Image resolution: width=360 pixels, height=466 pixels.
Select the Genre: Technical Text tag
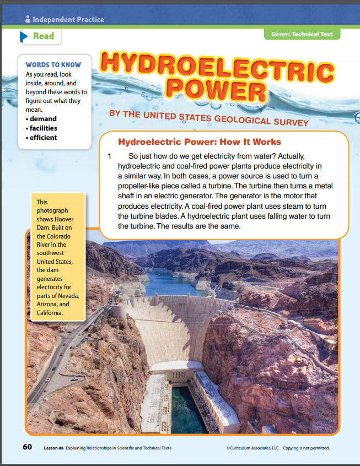pos(302,34)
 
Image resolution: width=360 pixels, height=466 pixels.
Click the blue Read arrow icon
pos(24,36)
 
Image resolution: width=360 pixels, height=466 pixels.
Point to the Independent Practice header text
pos(68,19)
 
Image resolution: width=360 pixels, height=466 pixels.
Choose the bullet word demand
pos(43,118)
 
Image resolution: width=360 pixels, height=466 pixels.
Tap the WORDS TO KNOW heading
pos(53,65)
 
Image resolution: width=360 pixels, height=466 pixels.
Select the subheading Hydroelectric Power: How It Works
pos(200,142)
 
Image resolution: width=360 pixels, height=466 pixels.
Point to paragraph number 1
pos(110,156)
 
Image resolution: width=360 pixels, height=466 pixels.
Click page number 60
pos(27,447)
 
